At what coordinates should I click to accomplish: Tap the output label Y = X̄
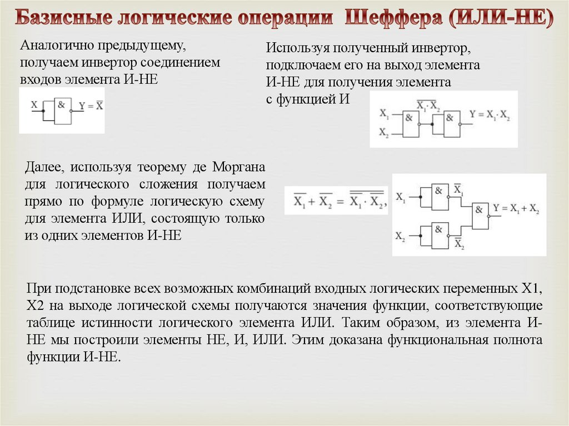[91, 106]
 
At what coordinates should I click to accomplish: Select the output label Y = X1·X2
[490, 115]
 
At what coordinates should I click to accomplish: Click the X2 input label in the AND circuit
[384, 132]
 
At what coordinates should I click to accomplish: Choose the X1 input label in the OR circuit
[400, 197]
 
